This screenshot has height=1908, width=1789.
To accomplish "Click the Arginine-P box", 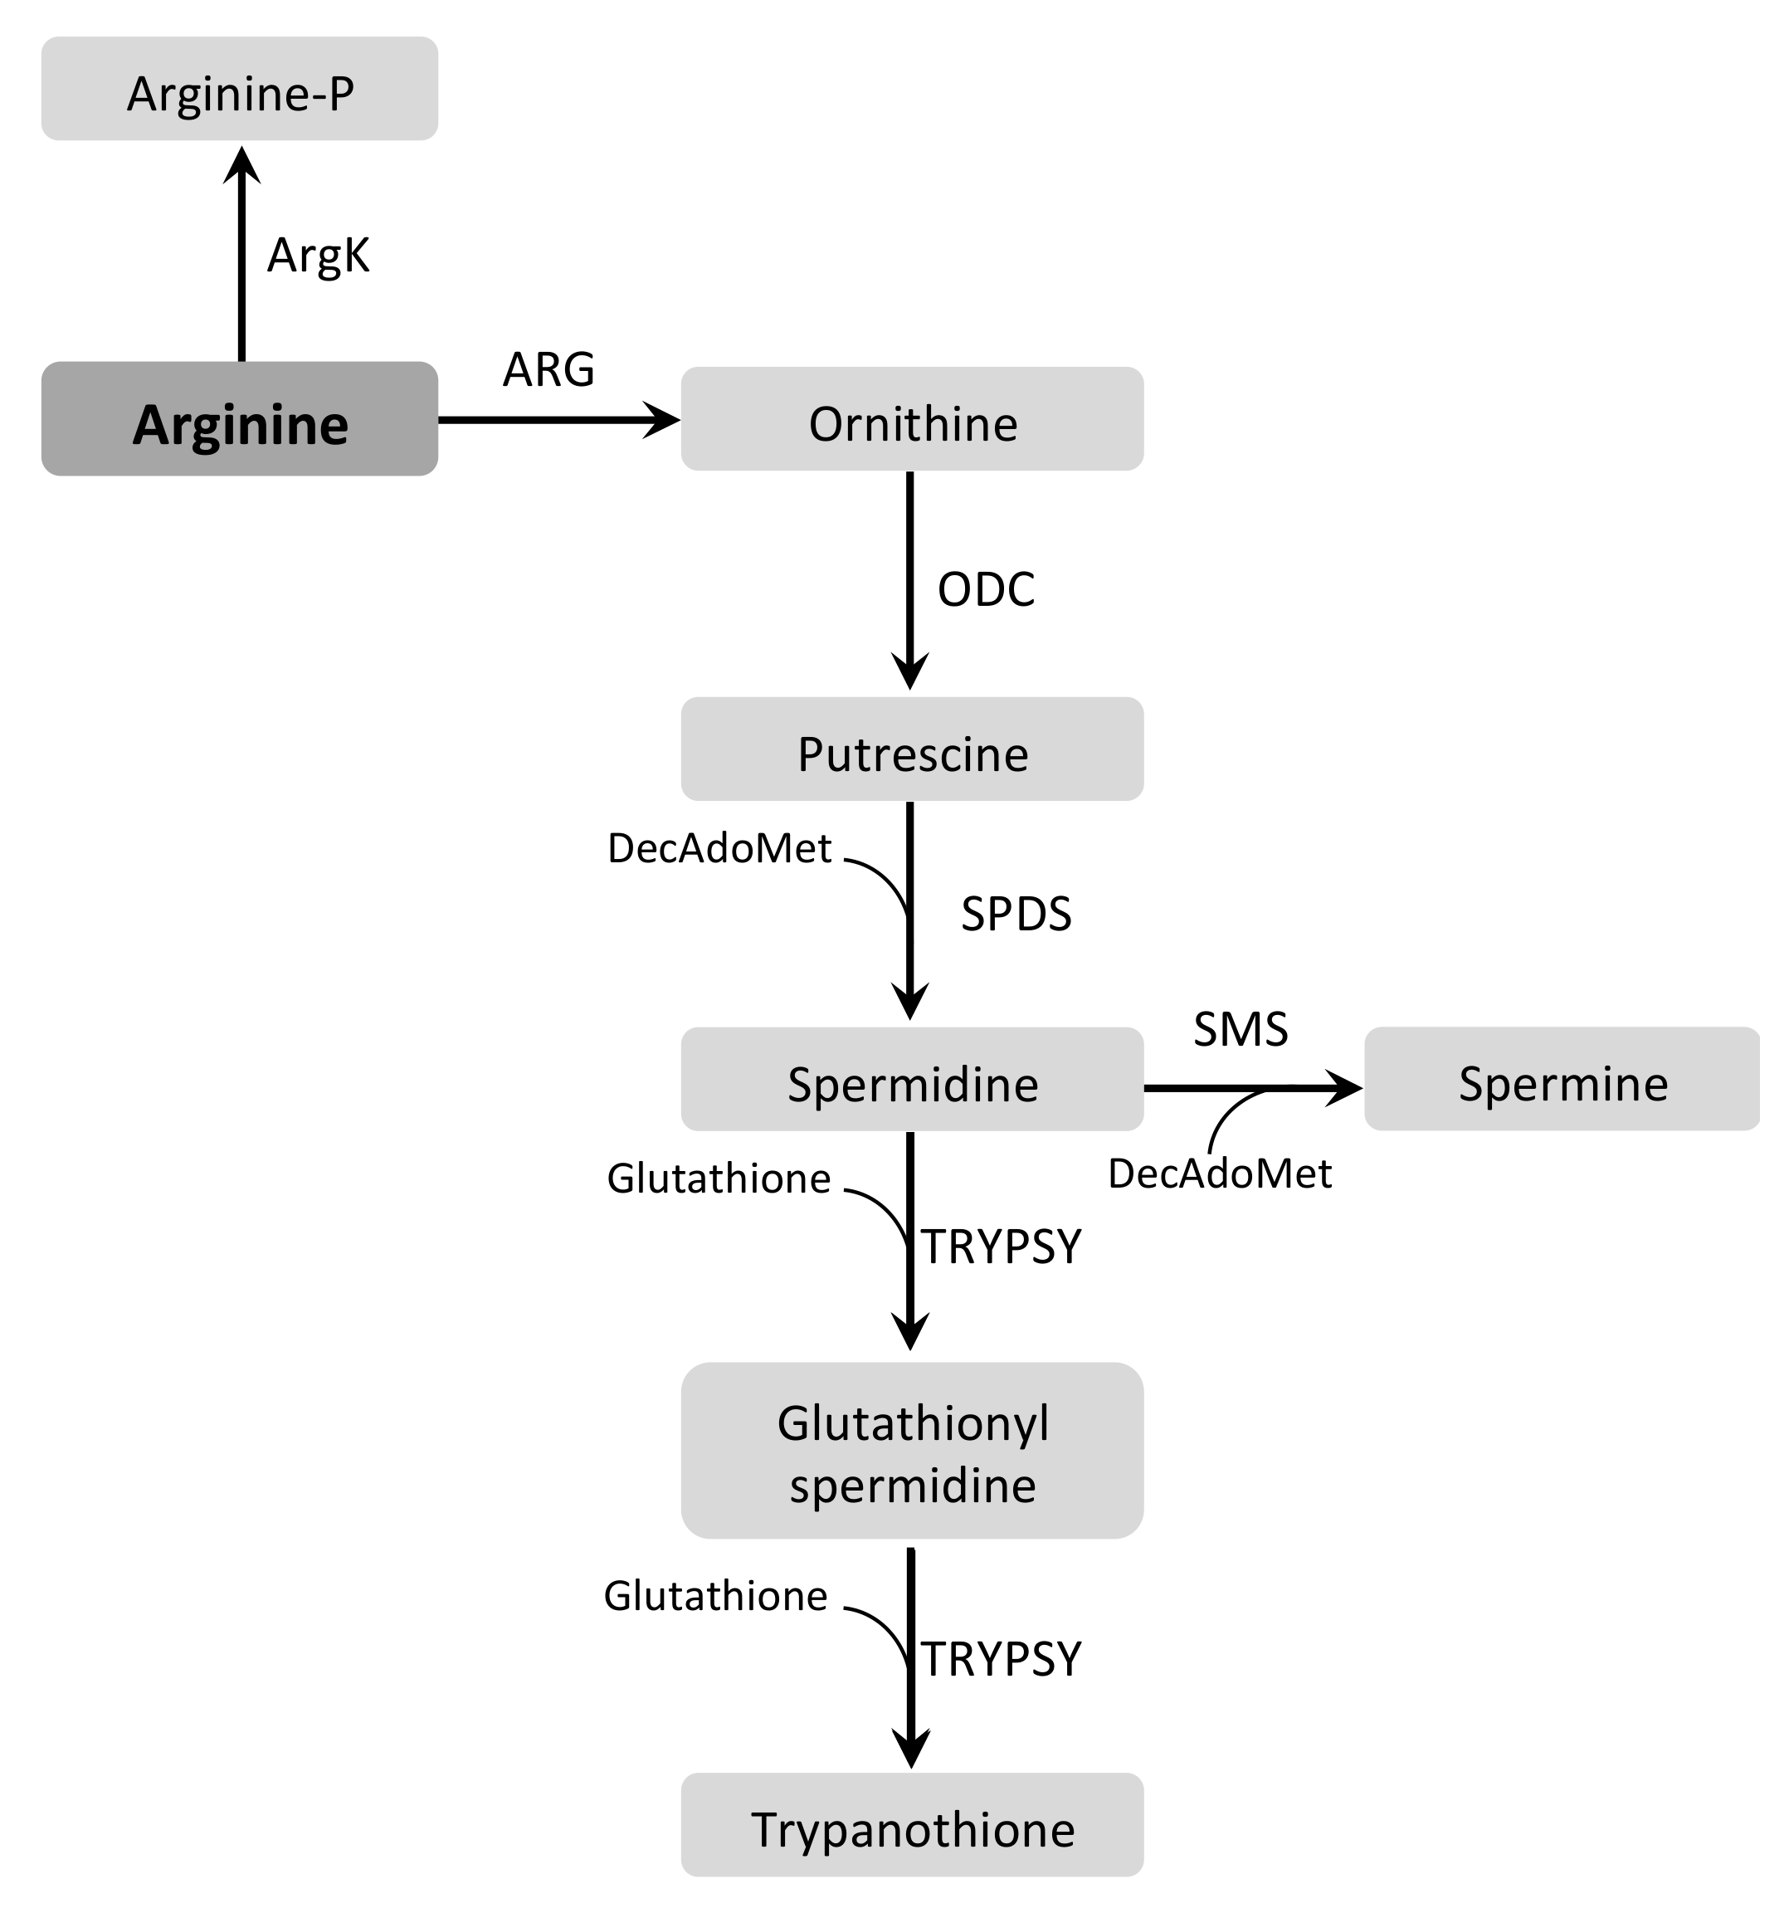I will [240, 90].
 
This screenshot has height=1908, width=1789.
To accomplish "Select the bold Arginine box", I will [240, 419].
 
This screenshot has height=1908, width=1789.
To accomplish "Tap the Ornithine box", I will [912, 419].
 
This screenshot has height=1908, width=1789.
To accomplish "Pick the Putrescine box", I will [912, 749].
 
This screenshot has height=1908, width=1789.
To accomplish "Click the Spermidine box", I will [912, 1080].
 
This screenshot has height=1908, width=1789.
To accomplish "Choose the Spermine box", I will [1562, 1080].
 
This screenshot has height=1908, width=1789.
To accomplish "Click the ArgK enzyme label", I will [318, 256].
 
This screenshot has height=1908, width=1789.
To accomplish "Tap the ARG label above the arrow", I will [548, 369].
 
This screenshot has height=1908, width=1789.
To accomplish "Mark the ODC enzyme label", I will [986, 589].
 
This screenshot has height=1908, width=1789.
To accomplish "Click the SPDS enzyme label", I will [1016, 914].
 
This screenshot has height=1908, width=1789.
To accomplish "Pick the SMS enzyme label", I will [1240, 1030].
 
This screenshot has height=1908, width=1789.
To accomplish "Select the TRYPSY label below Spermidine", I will [1001, 1247].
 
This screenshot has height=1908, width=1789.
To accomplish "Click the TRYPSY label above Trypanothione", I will [1001, 1658].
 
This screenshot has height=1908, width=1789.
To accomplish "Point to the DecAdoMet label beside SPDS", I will [719, 848].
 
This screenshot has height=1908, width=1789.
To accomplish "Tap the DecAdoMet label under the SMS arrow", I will [1219, 1174].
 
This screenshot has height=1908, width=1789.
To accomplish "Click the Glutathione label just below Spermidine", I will [718, 1178].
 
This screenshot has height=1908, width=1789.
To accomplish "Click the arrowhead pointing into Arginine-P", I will [241, 165].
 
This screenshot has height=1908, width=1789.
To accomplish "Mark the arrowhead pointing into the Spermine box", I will [1343, 1088].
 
